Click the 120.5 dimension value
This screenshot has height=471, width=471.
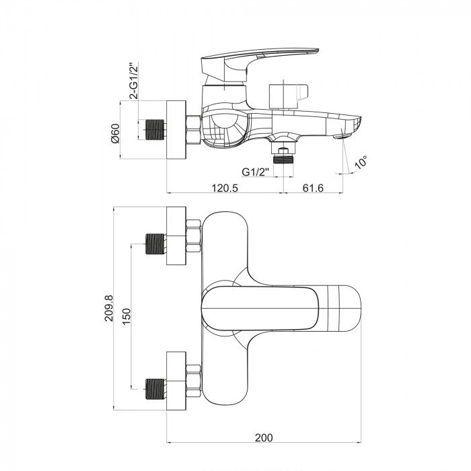tap(225, 188)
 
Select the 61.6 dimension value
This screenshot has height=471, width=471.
tap(313, 188)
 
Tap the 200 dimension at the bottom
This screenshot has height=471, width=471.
tap(264, 437)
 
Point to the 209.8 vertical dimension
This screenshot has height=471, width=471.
tap(109, 308)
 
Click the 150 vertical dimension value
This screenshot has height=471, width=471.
tap(126, 316)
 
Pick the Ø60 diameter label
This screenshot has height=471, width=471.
tap(115, 134)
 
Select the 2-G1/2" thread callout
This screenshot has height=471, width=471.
tap(134, 81)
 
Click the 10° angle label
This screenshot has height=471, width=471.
tap(360, 163)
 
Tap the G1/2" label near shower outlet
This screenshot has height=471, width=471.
tap(256, 172)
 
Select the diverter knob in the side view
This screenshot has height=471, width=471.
tap(289, 96)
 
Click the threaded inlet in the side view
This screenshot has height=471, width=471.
tap(155, 130)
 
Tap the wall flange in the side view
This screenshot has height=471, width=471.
tap(176, 130)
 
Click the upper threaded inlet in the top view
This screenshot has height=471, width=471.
tap(155, 244)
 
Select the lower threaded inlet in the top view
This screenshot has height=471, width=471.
tap(155, 390)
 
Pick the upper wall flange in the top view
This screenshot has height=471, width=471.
tap(176, 235)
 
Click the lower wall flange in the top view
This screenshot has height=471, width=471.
tap(176, 381)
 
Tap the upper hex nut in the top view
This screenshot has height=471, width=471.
tap(193, 236)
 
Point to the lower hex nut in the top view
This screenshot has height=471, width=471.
tap(193, 382)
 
